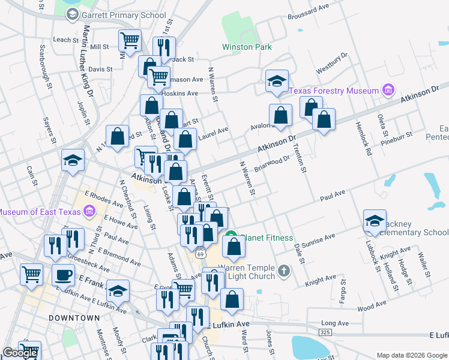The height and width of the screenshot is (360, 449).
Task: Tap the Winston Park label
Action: (x=247, y=47)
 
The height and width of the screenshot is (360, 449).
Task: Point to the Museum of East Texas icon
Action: (x=89, y=211)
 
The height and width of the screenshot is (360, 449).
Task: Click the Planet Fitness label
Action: (x=264, y=238)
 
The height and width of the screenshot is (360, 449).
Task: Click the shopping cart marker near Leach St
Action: (x=130, y=40)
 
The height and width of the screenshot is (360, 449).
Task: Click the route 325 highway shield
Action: (x=325, y=331)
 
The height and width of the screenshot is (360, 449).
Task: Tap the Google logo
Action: (x=20, y=353)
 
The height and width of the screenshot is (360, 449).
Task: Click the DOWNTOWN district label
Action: (x=74, y=317)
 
